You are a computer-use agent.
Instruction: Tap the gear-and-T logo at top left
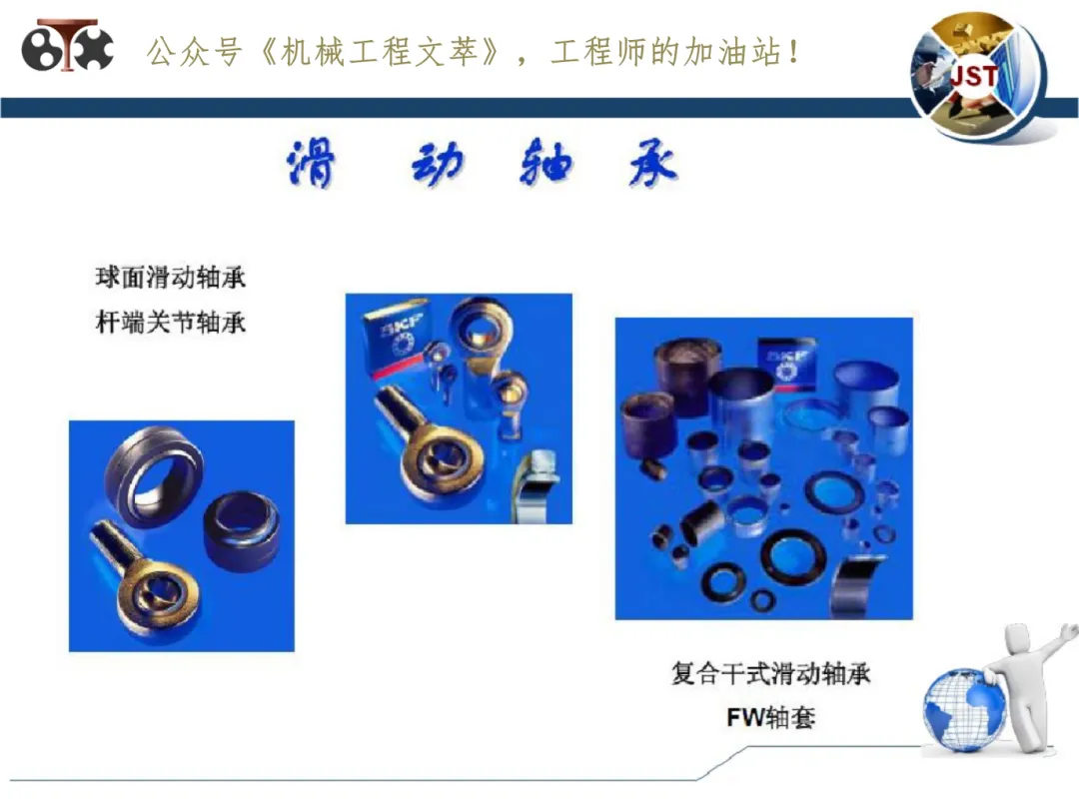[x=68, y=45]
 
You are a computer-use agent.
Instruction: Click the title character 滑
[x=311, y=163]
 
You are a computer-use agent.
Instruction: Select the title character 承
[x=653, y=163]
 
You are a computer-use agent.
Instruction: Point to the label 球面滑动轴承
[x=171, y=278]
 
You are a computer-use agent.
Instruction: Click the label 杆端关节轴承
[x=171, y=322]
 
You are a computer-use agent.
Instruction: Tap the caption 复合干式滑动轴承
[x=770, y=673]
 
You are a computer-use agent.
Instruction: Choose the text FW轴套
[x=770, y=717]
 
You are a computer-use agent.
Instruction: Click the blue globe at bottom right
[x=964, y=708]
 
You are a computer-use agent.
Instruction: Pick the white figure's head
[x=1018, y=637]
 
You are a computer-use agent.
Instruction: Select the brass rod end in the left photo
[x=148, y=578]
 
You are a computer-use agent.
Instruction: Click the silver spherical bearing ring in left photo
[x=153, y=476]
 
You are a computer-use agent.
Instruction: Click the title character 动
[x=439, y=163]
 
